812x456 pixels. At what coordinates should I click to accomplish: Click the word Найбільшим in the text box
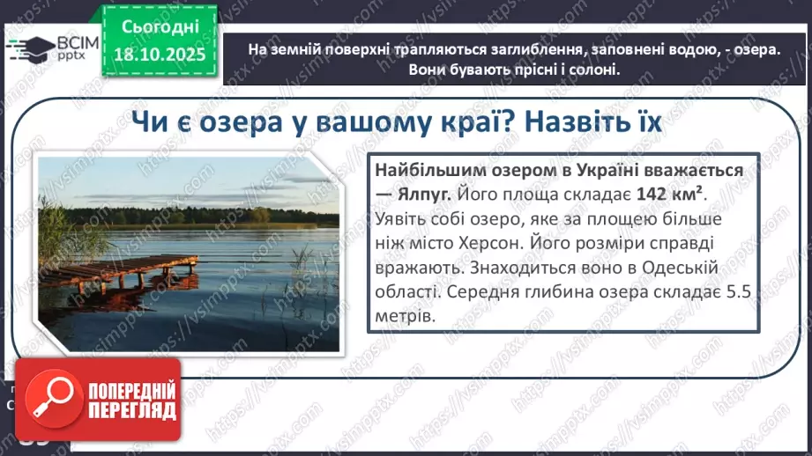pos(420,170)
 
